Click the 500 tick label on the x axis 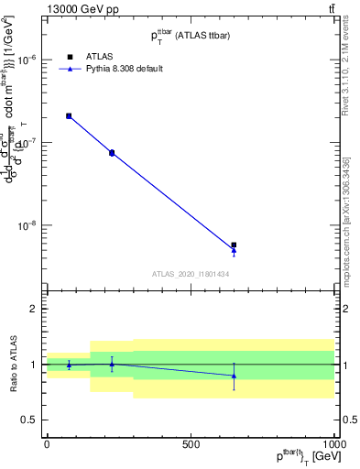[191, 443]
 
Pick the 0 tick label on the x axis [47, 443]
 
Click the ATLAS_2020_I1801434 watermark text [190, 274]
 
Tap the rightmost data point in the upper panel [234, 245]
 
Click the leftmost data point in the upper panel [69, 116]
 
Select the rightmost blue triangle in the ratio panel [234, 376]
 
